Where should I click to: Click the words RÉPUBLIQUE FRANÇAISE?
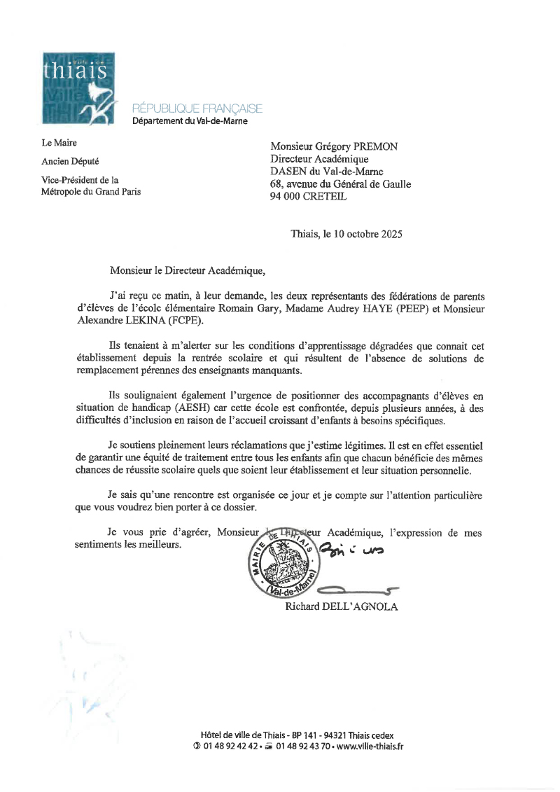coord(197,109)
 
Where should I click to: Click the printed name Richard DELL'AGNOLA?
coord(341,606)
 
